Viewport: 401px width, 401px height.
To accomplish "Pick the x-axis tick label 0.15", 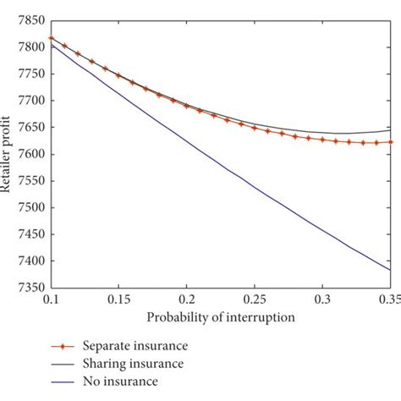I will coord(118,300).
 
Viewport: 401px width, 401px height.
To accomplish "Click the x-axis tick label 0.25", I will coord(255,300).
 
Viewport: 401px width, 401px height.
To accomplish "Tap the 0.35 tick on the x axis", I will coord(387,300).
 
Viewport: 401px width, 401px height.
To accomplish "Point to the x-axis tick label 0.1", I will coord(52,300).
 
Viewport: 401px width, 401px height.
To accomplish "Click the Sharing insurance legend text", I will coord(131,363).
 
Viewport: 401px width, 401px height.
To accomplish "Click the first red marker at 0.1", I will coord(52,38).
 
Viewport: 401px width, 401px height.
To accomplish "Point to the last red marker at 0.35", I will coord(390,142).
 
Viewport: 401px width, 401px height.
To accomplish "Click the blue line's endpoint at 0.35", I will coord(390,270).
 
